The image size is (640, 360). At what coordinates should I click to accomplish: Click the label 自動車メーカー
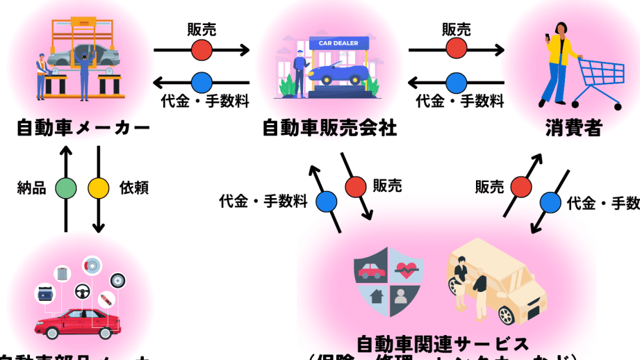point(83,129)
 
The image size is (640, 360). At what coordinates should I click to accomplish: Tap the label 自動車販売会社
point(329,129)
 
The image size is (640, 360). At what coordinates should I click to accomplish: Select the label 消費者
point(573,129)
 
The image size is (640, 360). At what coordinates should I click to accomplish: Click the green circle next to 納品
point(66,188)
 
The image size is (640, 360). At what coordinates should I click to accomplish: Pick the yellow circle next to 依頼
point(98,188)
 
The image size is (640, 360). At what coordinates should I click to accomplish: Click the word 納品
point(31,188)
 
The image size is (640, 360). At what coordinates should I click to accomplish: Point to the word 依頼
point(134,188)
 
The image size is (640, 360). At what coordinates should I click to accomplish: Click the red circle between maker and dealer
point(202,49)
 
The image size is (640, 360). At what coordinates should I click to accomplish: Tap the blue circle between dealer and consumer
point(457,82)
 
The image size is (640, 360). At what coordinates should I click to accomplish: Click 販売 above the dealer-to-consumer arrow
point(457,29)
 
